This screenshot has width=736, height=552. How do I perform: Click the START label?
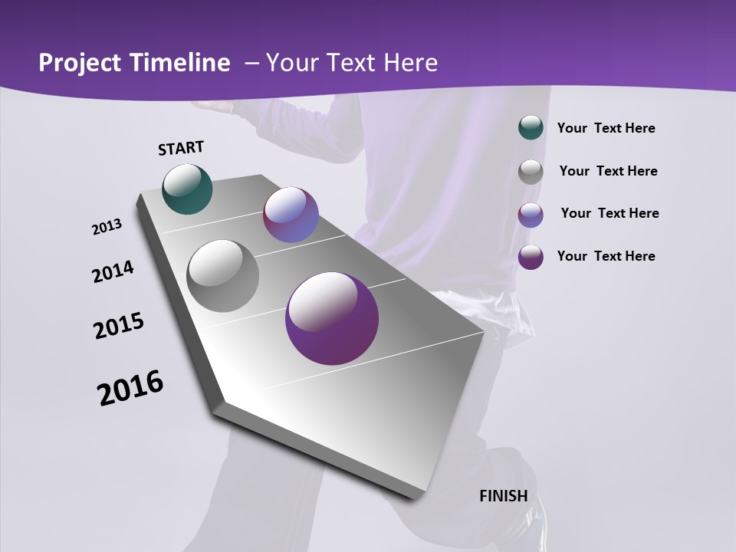pyautogui.click(x=181, y=148)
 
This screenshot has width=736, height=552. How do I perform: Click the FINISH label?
pyautogui.click(x=503, y=496)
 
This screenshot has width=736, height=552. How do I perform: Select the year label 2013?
pyautogui.click(x=107, y=227)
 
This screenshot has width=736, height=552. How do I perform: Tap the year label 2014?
pyautogui.click(x=113, y=272)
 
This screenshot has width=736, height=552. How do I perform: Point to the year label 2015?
pyautogui.click(x=118, y=326)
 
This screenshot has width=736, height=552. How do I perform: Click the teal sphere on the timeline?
pyautogui.click(x=187, y=189)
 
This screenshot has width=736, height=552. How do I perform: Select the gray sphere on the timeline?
pyautogui.click(x=223, y=276)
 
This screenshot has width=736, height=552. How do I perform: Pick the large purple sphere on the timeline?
pyautogui.click(x=332, y=318)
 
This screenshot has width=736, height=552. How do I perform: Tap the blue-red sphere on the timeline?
pyautogui.click(x=291, y=215)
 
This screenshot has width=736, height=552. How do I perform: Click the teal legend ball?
pyautogui.click(x=531, y=128)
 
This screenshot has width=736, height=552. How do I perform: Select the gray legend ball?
pyautogui.click(x=531, y=172)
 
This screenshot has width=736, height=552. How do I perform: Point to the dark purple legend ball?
pyautogui.click(x=531, y=257)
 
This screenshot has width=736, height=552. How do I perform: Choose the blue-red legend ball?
pyautogui.click(x=531, y=215)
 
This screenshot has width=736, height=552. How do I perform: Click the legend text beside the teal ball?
pyautogui.click(x=606, y=128)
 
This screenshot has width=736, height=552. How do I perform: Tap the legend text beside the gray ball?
pyautogui.click(x=608, y=171)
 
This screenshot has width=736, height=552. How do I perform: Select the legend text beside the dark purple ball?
pyautogui.click(x=606, y=256)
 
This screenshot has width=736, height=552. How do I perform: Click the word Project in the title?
pyautogui.click(x=79, y=63)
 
